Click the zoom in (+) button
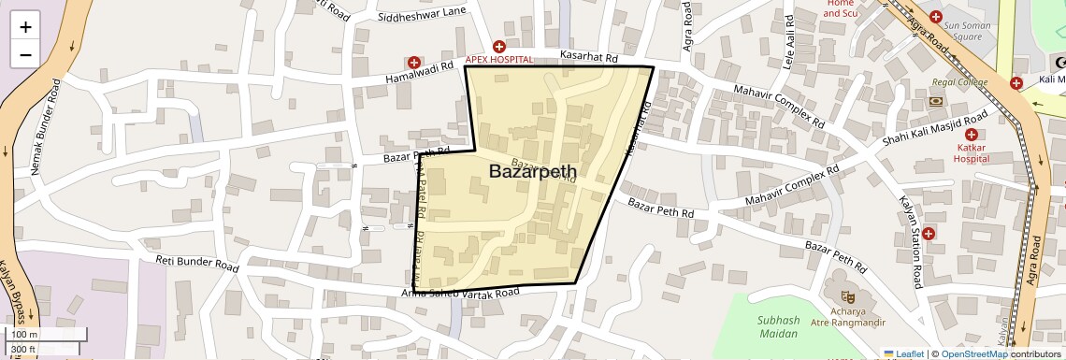tap(25, 27)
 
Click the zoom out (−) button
tap(25, 54)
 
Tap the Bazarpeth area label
tap(532, 171)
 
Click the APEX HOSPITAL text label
tap(498, 59)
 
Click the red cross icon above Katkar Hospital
tap(972, 135)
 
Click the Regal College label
tap(958, 82)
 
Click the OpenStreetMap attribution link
tap(973, 353)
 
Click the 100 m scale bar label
tap(25, 335)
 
